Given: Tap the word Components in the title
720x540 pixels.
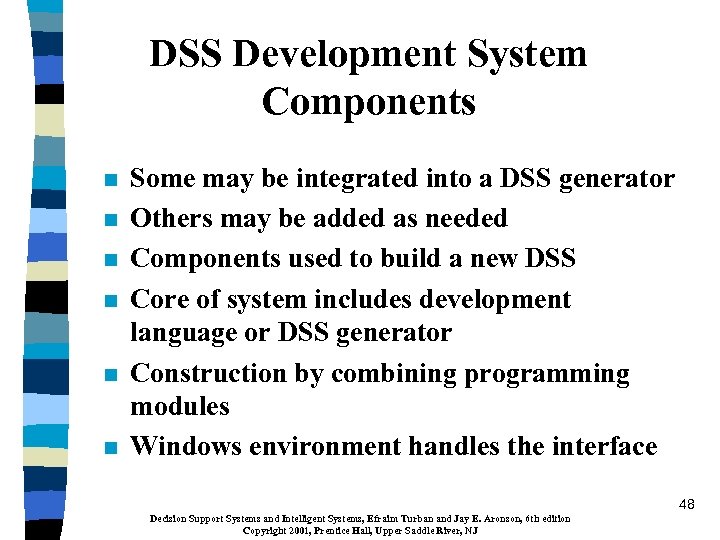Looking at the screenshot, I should point(368,101).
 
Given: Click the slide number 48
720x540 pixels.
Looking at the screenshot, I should point(685,505).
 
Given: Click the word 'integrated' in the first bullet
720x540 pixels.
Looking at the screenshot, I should point(358,179).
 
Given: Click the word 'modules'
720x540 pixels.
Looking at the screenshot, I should point(180,406).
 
